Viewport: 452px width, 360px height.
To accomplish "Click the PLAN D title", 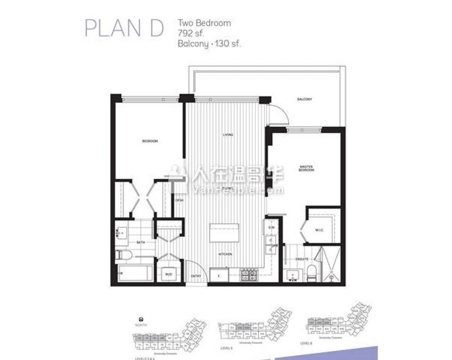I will [124, 28].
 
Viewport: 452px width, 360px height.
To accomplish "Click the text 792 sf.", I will [191, 33].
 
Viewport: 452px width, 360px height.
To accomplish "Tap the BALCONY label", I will [304, 99].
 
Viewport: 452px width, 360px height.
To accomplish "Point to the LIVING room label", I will [228, 135].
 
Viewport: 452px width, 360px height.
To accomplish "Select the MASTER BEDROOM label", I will [307, 168].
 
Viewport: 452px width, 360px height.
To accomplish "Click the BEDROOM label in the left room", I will [150, 141].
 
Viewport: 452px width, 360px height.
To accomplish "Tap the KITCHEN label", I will [225, 254].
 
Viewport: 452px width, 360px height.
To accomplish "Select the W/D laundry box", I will [168, 275].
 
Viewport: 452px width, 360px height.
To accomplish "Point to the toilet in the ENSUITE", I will [312, 273].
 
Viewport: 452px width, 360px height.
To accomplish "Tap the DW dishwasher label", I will [270, 228].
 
